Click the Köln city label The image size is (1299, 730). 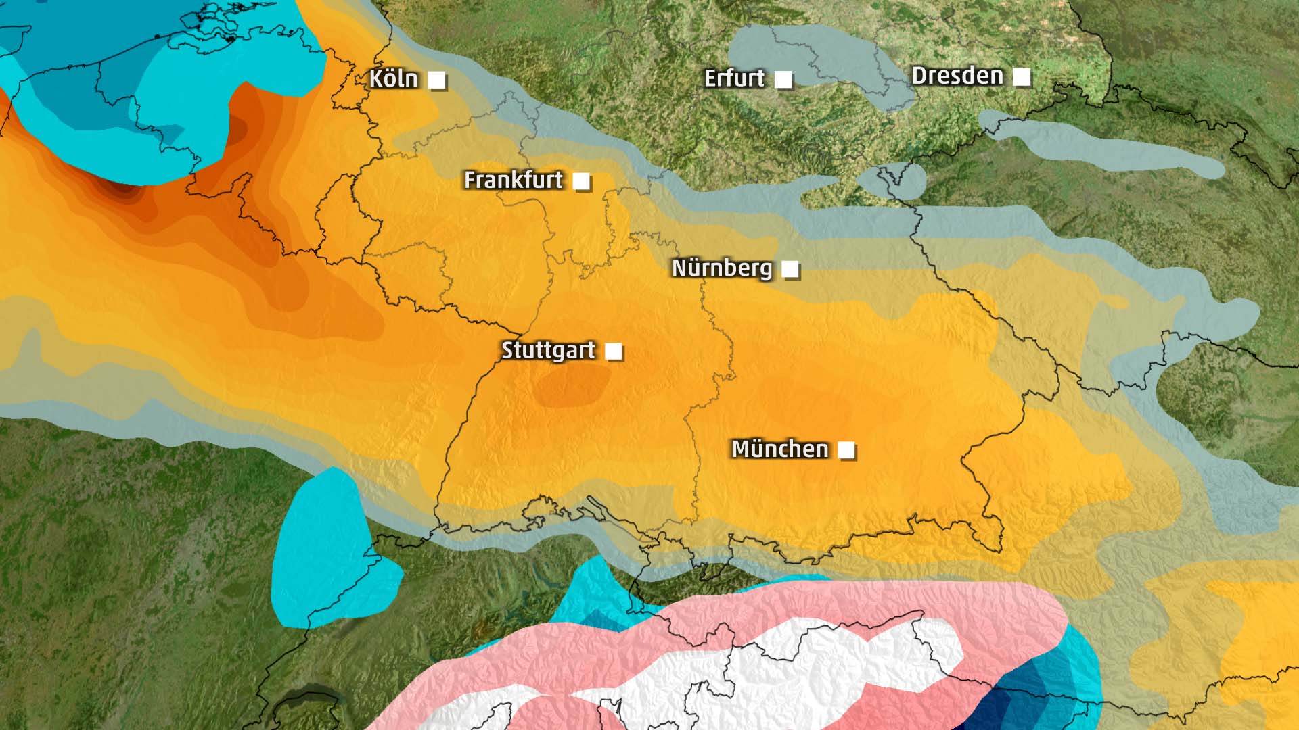tap(393, 79)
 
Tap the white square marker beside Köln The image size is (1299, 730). tap(437, 80)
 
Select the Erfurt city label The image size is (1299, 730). tap(734, 78)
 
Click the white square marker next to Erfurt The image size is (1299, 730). tap(783, 80)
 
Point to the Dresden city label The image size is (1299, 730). tap(957, 76)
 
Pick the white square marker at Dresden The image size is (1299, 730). tap(1022, 77)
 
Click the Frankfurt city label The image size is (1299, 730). tap(513, 180)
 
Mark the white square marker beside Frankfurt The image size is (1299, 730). tap(581, 181)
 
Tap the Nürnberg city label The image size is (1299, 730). tap(721, 268)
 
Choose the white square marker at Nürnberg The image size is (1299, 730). tap(790, 269)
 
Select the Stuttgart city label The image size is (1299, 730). tap(548, 350)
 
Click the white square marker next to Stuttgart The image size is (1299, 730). tap(614, 351)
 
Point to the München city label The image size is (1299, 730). tap(779, 449)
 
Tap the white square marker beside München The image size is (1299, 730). tap(846, 450)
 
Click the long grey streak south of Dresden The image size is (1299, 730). tap(1103, 149)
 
